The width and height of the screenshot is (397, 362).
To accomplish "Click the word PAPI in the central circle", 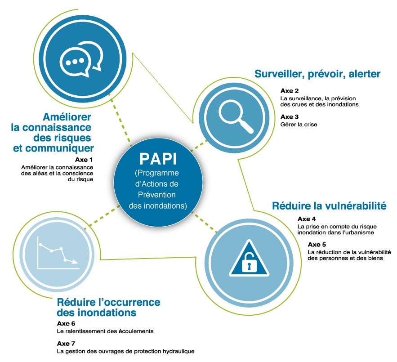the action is (158, 159).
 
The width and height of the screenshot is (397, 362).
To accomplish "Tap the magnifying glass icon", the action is (236, 116).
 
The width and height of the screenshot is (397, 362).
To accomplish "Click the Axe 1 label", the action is (84, 160).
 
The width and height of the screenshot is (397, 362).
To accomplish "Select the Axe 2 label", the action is (290, 91).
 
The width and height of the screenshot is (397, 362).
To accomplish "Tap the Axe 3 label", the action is (290, 117).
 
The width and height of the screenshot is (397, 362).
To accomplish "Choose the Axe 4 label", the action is (307, 219).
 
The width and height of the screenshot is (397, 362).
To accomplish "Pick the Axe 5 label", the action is (317, 245).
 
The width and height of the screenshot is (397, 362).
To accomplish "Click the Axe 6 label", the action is (66, 323).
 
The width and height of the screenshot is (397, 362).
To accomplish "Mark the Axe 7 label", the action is (66, 344).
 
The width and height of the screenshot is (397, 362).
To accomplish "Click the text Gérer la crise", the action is (299, 125).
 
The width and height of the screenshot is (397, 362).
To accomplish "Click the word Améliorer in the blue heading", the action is (67, 117).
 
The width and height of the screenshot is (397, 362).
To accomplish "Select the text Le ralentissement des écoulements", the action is (105, 331).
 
